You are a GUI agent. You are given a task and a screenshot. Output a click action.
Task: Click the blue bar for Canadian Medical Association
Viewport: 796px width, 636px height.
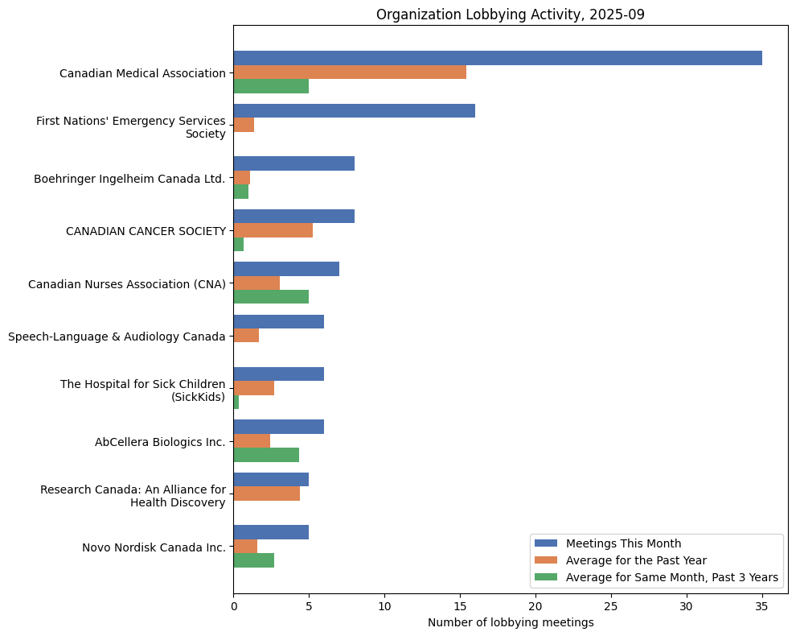point(498,58)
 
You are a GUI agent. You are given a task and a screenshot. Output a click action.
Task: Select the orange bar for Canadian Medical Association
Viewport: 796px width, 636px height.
point(350,72)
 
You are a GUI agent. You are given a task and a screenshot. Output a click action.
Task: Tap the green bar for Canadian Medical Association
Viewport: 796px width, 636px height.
point(271,86)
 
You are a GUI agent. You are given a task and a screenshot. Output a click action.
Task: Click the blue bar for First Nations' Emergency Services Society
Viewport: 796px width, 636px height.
point(354,111)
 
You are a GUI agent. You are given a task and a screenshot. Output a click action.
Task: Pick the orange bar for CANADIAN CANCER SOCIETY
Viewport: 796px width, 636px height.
point(273,230)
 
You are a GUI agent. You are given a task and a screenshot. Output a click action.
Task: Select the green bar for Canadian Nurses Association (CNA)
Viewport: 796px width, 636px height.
point(271,296)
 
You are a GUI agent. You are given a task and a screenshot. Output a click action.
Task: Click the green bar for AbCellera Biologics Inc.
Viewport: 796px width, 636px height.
point(266,455)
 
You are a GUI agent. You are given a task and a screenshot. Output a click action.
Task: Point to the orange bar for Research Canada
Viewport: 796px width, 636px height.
point(266,494)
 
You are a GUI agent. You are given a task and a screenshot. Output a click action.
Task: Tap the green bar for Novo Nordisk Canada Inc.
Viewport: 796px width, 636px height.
point(253,560)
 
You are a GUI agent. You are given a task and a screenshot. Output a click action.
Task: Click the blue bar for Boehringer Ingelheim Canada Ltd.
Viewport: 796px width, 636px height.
point(293,163)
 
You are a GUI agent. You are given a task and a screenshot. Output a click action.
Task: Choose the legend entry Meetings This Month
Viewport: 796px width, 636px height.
point(623,543)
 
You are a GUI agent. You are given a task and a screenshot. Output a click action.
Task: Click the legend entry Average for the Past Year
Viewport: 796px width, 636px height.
point(636,560)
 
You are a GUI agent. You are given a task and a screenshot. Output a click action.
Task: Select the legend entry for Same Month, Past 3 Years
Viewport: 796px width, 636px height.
point(671,577)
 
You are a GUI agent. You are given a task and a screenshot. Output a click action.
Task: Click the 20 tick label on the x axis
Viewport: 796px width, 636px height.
point(535,606)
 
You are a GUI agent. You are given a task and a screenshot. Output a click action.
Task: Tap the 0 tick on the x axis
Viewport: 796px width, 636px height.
point(234,606)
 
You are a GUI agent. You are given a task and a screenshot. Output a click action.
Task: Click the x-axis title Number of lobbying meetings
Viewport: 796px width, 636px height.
point(511,622)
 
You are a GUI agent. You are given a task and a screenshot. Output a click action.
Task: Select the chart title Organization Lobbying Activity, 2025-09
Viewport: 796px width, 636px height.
point(511,14)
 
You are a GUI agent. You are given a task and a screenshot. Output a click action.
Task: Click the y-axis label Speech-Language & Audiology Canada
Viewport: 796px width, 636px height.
point(117,337)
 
